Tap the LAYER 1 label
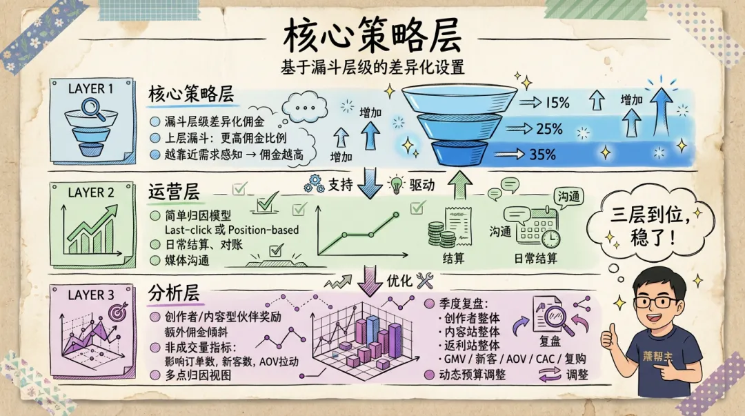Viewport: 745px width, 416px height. (x=90, y=88)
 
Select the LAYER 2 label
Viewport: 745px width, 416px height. (x=91, y=193)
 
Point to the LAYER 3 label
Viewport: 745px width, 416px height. (x=91, y=295)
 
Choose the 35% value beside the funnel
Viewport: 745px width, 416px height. (x=542, y=154)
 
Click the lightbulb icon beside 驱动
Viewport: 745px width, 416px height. (x=396, y=185)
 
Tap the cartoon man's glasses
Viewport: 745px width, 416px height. (x=656, y=301)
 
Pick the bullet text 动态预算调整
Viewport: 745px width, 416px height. (x=473, y=375)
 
